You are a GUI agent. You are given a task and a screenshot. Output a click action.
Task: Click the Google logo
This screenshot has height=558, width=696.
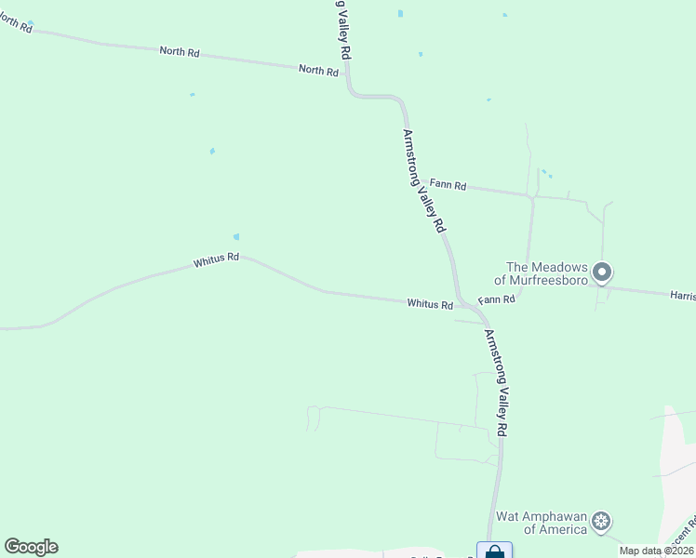tap(31, 547)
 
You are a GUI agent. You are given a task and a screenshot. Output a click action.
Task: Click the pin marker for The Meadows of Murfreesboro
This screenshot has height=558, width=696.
tap(602, 272)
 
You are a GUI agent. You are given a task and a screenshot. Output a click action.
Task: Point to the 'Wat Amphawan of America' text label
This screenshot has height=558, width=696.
tap(541, 523)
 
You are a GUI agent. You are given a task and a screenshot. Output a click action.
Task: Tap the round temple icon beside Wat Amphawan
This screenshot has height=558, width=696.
tap(602, 522)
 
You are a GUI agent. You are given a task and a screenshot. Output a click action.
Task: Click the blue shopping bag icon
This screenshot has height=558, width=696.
tap(494, 551)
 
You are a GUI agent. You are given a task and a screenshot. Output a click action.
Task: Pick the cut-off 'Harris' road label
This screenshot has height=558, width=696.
tap(682, 295)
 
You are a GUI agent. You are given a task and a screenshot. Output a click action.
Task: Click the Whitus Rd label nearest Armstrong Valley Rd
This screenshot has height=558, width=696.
tap(430, 304)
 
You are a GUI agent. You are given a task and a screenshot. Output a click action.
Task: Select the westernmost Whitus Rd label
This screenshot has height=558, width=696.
tap(217, 261)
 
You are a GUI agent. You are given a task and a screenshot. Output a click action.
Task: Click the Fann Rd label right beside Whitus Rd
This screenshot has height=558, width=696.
tap(497, 300)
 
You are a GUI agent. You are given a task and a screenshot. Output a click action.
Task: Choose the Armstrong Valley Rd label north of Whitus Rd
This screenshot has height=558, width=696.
tap(423, 180)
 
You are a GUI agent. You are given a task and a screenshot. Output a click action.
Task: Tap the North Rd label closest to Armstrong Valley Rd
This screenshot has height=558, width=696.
tap(318, 70)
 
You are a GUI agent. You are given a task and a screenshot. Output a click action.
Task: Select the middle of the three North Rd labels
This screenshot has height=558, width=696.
tap(180, 52)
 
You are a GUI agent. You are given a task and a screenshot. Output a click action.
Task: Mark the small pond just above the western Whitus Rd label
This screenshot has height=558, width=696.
tap(236, 237)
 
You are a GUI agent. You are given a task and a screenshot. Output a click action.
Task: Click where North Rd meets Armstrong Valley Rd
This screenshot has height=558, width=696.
tap(348, 74)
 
